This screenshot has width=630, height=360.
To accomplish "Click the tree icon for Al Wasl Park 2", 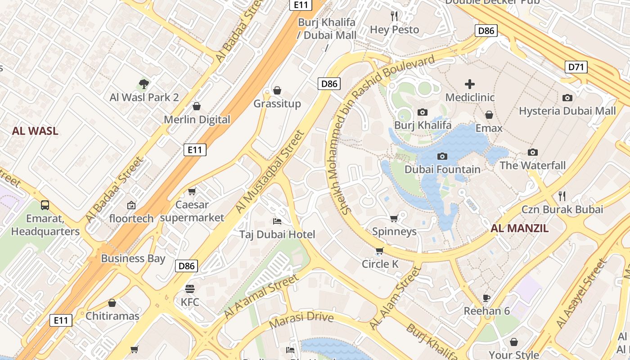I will point(144,84).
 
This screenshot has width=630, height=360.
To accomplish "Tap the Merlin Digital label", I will point(197,120).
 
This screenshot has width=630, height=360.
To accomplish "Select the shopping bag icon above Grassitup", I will point(277,90).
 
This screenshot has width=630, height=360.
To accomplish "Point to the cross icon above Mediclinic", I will point(470,84).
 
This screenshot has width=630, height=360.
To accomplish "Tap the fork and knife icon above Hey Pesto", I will point(394,16).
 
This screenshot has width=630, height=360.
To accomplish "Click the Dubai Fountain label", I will point(442,170).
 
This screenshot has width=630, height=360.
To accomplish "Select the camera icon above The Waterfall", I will point(533,152).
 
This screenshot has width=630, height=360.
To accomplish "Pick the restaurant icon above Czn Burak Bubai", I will point(562,196).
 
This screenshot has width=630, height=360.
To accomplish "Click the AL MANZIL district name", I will point(519,229).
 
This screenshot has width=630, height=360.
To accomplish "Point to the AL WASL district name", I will point(35,131).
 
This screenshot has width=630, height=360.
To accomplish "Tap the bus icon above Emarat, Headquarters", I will point(45,205).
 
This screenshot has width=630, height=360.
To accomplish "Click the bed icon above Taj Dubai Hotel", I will point(277,221).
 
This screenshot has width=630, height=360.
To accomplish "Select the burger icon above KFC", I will point(190,288).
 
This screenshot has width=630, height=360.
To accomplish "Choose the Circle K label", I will point(380,264).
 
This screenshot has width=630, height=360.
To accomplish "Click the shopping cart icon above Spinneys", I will point(394,219).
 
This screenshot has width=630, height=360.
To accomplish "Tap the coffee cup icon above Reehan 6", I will point(486,297).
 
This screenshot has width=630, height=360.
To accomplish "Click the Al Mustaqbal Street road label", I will point(270,172).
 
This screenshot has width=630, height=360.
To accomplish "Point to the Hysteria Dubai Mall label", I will point(567,111).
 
